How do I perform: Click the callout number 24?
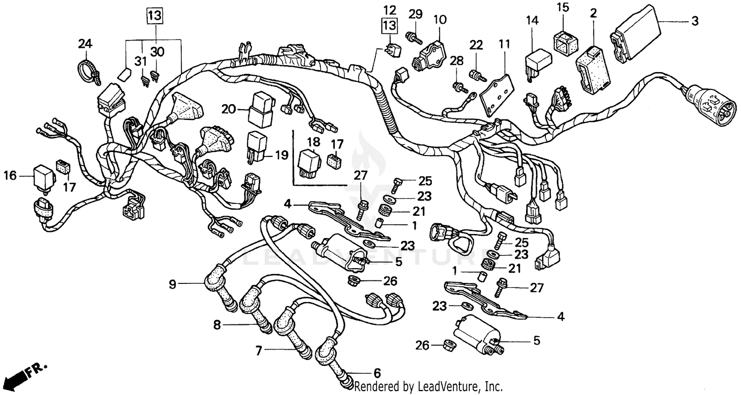pos(85,44)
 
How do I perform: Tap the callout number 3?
pos(695,21)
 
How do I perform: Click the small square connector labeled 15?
pos(563,41)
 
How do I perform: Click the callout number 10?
pos(440,20)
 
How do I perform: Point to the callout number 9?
pos(172,284)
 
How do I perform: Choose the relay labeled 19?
pos(256,146)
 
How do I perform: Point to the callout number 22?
pos(475,45)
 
